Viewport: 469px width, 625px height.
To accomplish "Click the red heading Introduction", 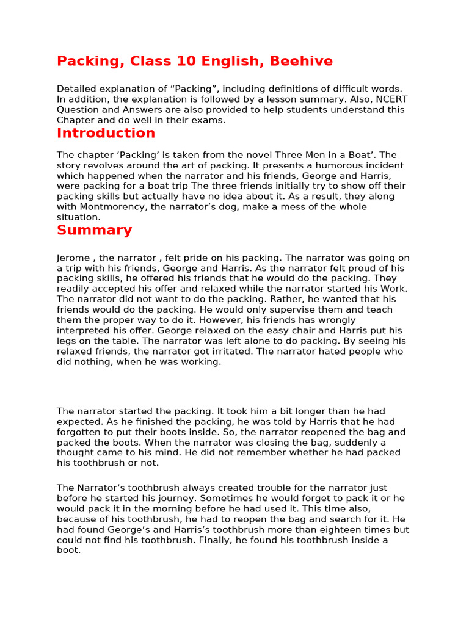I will coord(106,133).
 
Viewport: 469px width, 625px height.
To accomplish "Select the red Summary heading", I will coord(94,230).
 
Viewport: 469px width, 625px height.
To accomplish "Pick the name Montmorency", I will coord(112,207).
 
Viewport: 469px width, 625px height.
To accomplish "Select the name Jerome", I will coord(73,258).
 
